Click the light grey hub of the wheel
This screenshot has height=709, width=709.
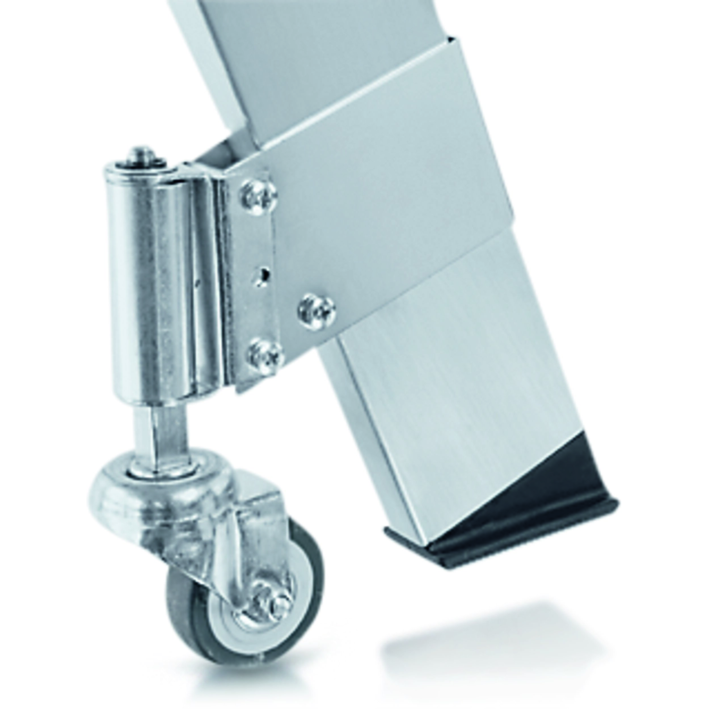(235, 624)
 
